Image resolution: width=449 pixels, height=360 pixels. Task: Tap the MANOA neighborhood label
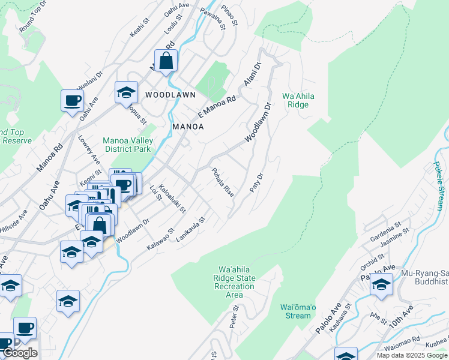pyautogui.click(x=188, y=127)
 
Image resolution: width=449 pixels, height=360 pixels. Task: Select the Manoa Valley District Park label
pyautogui.click(x=128, y=145)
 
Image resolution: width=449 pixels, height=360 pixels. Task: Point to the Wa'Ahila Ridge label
pyautogui.click(x=298, y=100)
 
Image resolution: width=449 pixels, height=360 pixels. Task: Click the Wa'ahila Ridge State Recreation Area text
pyautogui.click(x=234, y=282)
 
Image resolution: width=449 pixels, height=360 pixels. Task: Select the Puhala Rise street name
pyautogui.click(x=222, y=182)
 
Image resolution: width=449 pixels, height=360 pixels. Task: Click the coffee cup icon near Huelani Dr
pyautogui.click(x=72, y=101)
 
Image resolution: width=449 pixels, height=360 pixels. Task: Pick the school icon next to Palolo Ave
pyautogui.click(x=381, y=286)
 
